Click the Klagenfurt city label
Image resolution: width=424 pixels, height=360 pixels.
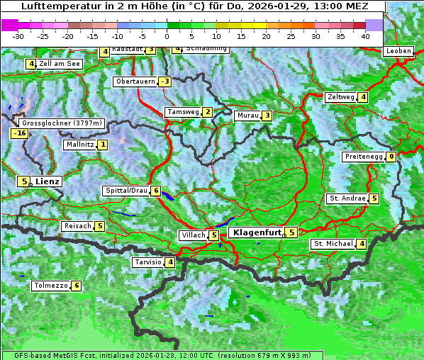[x=255, y=232]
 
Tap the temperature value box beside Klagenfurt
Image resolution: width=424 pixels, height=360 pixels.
[x=291, y=232]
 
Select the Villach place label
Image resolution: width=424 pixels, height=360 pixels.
[x=193, y=235]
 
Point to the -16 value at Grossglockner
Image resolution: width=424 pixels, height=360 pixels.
[x=19, y=133]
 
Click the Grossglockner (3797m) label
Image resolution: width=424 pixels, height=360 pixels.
[x=62, y=123]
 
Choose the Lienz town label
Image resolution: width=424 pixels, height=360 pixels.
[x=48, y=181]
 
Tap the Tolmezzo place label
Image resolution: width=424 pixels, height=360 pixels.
[x=50, y=286]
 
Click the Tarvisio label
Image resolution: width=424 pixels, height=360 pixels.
[x=147, y=262]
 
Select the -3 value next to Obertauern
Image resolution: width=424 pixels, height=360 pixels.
[x=164, y=81]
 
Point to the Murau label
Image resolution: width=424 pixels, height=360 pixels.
[x=247, y=116]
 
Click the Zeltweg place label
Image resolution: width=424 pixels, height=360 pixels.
[x=341, y=97]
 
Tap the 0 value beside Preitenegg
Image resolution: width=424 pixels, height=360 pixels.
[x=391, y=157]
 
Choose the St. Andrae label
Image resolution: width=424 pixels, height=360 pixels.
[x=347, y=198]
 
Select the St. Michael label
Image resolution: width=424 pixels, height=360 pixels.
[x=333, y=244]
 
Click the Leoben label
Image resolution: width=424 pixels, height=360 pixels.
[x=398, y=51]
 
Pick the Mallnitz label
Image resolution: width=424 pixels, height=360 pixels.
[x=79, y=145]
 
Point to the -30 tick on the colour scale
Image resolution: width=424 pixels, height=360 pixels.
[x=19, y=36]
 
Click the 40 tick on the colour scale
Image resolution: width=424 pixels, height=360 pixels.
[x=365, y=36]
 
